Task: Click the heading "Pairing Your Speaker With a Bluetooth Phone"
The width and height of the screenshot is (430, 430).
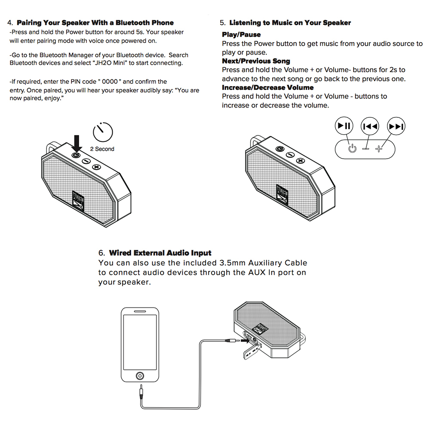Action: tap(95, 23)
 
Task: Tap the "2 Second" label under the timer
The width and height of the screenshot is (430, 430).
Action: tap(102, 149)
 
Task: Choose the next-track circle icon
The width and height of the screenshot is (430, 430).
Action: tap(396, 126)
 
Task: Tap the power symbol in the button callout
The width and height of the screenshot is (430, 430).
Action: tap(352, 149)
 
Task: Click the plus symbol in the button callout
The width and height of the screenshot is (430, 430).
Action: tap(378, 149)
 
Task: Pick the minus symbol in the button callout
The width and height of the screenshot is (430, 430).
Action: tap(365, 149)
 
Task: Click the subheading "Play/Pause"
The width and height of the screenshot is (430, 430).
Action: tap(241, 34)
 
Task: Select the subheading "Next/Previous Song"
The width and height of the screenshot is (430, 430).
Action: tap(256, 61)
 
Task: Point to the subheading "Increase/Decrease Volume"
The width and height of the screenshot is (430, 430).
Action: tap(267, 88)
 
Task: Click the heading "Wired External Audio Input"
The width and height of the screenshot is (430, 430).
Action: tap(160, 253)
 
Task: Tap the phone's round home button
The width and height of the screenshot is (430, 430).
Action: tap(140, 375)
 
